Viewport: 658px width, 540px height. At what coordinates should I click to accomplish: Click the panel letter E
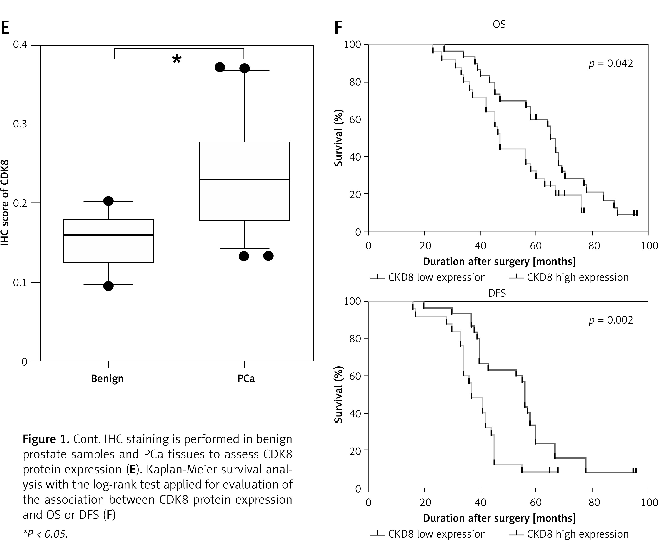click(5, 28)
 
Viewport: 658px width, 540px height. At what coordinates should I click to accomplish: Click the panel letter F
click(338, 28)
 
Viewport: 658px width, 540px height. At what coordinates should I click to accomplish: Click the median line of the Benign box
click(108, 235)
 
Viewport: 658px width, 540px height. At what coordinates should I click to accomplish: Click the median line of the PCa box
click(244, 179)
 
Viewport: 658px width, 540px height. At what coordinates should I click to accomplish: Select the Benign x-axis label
click(107, 378)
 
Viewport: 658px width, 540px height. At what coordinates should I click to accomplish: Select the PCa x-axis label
click(246, 378)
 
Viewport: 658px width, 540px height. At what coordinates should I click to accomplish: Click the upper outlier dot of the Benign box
click(108, 201)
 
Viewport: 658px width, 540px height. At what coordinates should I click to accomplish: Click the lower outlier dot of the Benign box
click(108, 286)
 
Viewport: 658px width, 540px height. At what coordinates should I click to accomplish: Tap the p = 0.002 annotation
click(611, 320)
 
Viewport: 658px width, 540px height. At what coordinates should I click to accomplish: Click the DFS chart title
click(497, 293)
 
